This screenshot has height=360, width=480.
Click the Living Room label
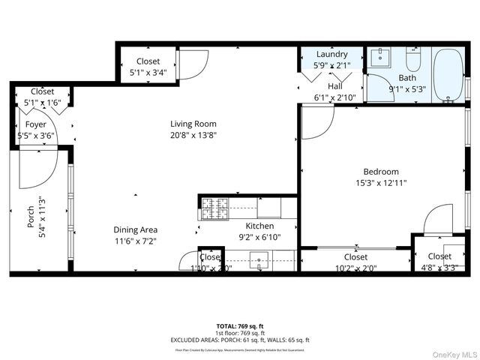193,124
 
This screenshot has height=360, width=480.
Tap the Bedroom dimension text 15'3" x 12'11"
381,182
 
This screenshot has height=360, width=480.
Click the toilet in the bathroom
413,58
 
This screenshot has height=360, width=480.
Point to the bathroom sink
380,56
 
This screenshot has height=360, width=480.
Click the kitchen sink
262,262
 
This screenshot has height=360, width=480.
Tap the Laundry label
331,55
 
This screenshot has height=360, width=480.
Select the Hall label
334,85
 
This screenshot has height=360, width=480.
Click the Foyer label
35,124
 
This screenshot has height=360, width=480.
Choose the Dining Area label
135,230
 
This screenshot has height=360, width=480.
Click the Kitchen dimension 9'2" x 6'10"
259,237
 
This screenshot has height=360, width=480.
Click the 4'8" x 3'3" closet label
439,268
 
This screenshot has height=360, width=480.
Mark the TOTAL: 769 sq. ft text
239,326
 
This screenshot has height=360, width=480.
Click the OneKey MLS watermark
451,353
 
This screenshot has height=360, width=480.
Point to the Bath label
407,77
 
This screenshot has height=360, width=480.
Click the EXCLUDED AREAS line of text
239,340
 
